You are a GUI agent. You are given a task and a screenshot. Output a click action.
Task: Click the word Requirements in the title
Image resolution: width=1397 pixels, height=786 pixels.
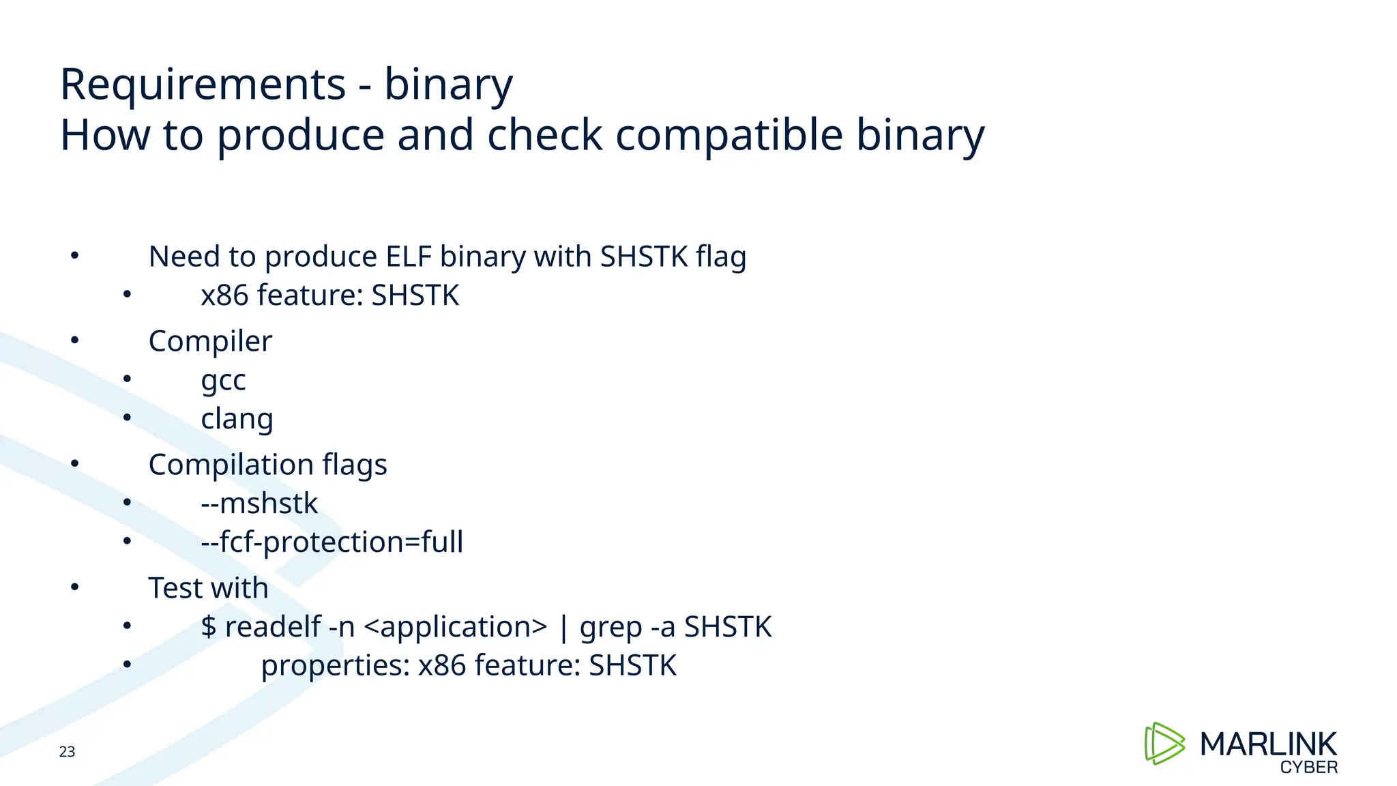[203, 85]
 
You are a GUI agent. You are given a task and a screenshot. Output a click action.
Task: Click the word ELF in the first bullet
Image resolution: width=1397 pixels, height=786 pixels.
[409, 257]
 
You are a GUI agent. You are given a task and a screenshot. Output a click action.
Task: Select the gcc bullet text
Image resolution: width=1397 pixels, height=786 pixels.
[223, 380]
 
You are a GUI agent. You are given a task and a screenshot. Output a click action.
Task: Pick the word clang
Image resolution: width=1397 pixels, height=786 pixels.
[237, 419]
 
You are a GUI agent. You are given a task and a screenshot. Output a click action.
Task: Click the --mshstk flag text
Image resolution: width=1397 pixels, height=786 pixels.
[259, 504]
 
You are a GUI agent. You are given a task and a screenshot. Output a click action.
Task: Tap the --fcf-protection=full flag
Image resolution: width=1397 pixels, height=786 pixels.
[332, 542]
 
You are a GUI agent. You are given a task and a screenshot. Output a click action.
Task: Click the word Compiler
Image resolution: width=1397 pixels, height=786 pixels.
[210, 341]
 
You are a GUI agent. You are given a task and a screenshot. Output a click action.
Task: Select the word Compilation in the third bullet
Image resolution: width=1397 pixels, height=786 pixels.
[231, 465]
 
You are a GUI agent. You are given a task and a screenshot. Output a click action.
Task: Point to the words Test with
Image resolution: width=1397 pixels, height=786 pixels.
[208, 588]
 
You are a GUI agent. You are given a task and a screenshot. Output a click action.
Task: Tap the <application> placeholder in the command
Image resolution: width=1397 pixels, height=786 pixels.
[455, 627]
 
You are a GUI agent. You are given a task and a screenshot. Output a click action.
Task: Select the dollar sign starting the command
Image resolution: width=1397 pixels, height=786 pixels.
[208, 627]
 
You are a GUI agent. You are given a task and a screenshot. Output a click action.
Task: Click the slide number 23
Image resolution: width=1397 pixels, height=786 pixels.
[67, 752]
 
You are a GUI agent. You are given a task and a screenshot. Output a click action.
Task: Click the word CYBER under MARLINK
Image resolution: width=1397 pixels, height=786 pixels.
[1308, 768]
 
